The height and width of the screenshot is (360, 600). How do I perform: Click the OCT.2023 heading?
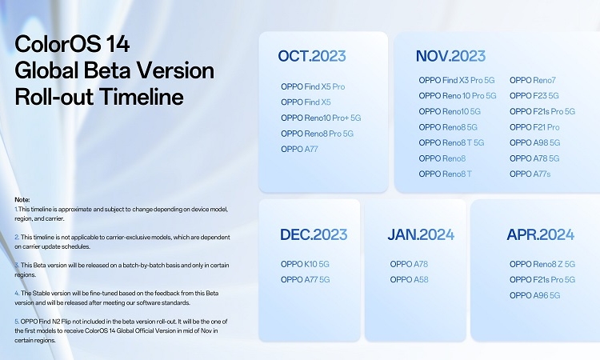click(311, 55)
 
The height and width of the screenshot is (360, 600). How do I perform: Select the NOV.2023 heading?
click(450, 55)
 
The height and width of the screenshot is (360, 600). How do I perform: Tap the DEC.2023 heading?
click(314, 234)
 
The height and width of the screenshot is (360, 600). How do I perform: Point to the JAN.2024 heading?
click(421, 234)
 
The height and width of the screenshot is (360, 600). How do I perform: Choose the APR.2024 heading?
click(541, 234)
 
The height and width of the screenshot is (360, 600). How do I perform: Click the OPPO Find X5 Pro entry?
click(313, 86)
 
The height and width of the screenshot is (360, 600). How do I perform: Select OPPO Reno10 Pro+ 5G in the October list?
click(321, 118)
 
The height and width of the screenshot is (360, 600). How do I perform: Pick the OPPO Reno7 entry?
click(532, 80)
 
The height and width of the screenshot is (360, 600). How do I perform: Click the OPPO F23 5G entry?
click(534, 95)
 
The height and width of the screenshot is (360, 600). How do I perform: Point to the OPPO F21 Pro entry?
click(534, 127)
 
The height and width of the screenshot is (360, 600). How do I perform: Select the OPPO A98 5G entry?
click(535, 142)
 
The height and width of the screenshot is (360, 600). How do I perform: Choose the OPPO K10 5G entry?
click(305, 264)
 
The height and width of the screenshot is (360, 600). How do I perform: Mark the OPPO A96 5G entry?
click(534, 295)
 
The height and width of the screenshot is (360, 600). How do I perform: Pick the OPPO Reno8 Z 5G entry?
click(542, 264)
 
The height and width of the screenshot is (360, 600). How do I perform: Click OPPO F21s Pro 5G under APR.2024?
click(542, 279)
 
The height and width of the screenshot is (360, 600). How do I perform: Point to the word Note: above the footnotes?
click(22, 198)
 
